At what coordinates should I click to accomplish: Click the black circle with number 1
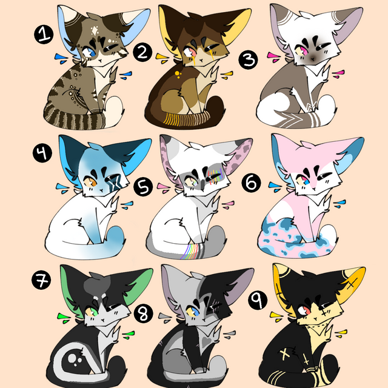pos(44,35)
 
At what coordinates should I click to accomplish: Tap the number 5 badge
pos(143,187)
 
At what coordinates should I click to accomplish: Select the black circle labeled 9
pos(258,300)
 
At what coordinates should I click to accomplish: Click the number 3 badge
pos(248,60)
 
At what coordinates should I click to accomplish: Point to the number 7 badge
pos(41,280)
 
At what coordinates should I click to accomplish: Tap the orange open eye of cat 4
pos(90,182)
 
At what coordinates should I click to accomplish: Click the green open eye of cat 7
pos(91,312)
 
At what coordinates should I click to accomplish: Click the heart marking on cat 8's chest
pos(206,341)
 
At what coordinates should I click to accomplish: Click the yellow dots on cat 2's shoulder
pos(178,74)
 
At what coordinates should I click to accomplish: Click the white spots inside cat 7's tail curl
pos(74,360)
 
